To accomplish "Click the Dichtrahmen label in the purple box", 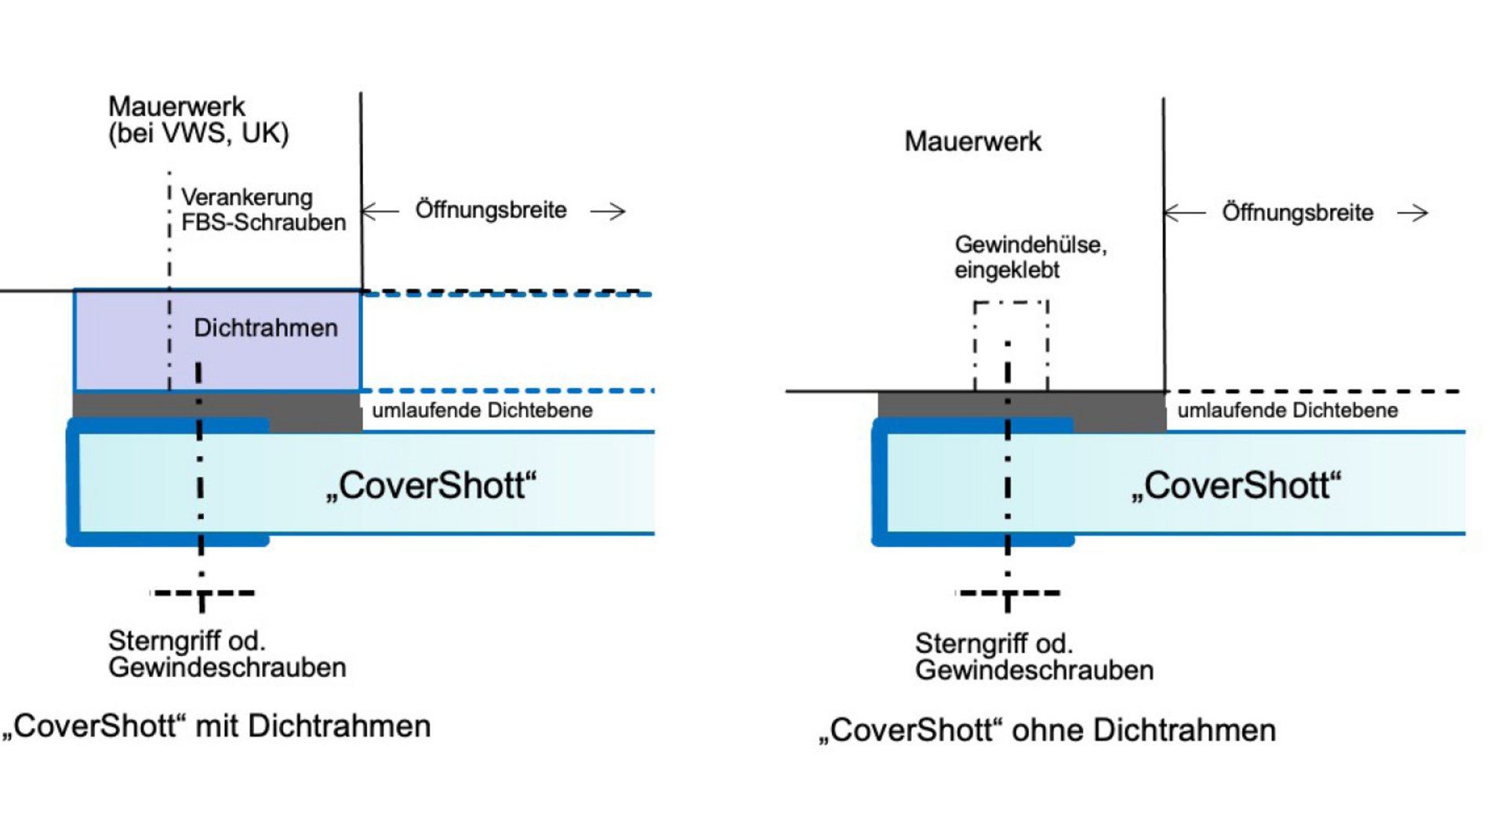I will [265, 328].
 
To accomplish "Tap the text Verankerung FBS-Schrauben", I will [262, 209].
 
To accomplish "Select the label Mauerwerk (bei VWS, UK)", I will [198, 120].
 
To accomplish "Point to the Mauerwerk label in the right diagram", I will [972, 142].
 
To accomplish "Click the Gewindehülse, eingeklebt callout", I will [1030, 257].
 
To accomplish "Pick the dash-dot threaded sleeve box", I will [1011, 345].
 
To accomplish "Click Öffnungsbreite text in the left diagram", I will [491, 210].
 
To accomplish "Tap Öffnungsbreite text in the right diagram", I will [1297, 212].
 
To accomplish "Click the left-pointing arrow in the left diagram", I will [380, 211].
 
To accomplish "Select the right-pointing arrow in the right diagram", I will [1413, 213].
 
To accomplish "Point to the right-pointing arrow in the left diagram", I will [609, 211].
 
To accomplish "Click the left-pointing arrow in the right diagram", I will [1184, 212].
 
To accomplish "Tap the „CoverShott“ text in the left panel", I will [431, 485].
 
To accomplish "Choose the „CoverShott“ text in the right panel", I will [1236, 485].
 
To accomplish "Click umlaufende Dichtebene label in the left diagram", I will [482, 410].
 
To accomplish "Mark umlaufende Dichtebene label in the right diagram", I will [1287, 410].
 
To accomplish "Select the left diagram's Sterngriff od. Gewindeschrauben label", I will [227, 654].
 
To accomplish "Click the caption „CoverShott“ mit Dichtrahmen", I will [216, 726].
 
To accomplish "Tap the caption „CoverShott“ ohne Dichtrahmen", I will [1046, 730].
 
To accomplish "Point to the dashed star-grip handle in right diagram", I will [1008, 594].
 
